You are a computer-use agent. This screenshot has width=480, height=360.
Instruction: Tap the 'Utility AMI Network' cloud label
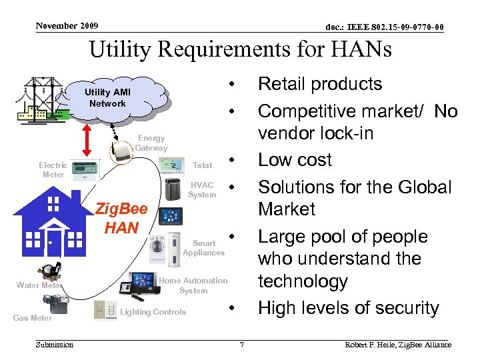107,98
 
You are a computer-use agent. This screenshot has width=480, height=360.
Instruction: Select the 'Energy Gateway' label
151,143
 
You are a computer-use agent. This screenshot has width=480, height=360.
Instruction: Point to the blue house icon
54,217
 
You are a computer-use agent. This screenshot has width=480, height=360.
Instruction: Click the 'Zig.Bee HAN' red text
121,218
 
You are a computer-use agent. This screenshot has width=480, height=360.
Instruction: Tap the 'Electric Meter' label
53,169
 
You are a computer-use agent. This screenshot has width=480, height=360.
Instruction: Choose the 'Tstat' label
202,165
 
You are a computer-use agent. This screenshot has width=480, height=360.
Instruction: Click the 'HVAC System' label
202,190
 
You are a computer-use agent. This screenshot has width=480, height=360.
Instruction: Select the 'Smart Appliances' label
204,248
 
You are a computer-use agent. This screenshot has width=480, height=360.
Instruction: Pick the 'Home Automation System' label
193,285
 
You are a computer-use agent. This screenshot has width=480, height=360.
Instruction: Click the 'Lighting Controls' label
153,312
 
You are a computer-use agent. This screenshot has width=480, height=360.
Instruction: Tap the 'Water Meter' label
39,285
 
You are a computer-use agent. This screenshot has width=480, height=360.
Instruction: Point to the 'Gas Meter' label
32,318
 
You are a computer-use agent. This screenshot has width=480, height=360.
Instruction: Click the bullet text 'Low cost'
295,160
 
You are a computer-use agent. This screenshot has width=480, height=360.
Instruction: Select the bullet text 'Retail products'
320,84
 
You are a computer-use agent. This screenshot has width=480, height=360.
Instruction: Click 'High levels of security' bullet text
348,308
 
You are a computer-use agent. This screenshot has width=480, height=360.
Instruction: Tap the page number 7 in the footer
242,345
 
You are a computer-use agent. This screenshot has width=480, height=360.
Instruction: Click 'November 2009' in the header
67,26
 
